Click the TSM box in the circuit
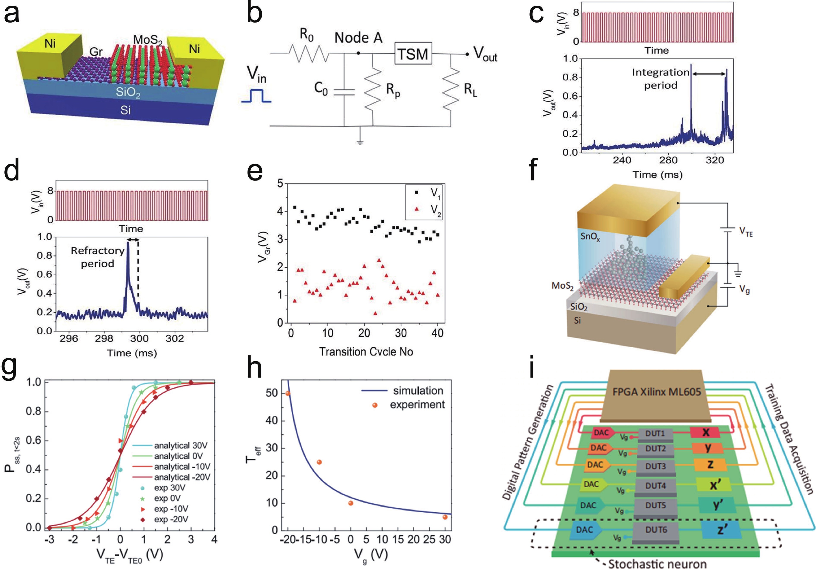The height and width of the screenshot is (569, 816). click(x=413, y=54)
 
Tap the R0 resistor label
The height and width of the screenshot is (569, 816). click(x=306, y=35)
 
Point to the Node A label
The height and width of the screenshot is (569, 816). click(x=358, y=38)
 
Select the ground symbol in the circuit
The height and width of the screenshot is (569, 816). click(x=360, y=142)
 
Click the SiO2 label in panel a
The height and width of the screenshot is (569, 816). click(x=128, y=92)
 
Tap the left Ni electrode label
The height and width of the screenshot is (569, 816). click(x=50, y=44)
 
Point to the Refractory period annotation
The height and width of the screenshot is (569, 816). click(x=97, y=257)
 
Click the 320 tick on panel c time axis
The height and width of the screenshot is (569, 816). click(x=714, y=160)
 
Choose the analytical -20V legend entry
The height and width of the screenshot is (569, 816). click(x=182, y=477)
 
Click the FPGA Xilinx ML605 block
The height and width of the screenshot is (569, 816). click(x=656, y=392)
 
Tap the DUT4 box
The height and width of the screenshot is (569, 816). click(x=655, y=486)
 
